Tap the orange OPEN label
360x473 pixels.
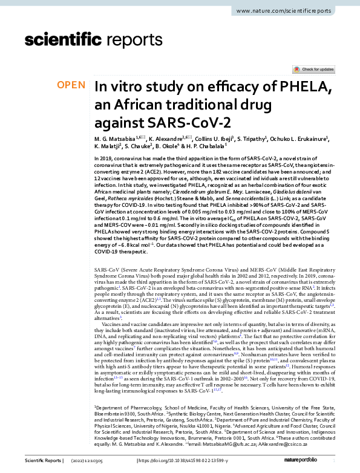[x=71, y=85]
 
